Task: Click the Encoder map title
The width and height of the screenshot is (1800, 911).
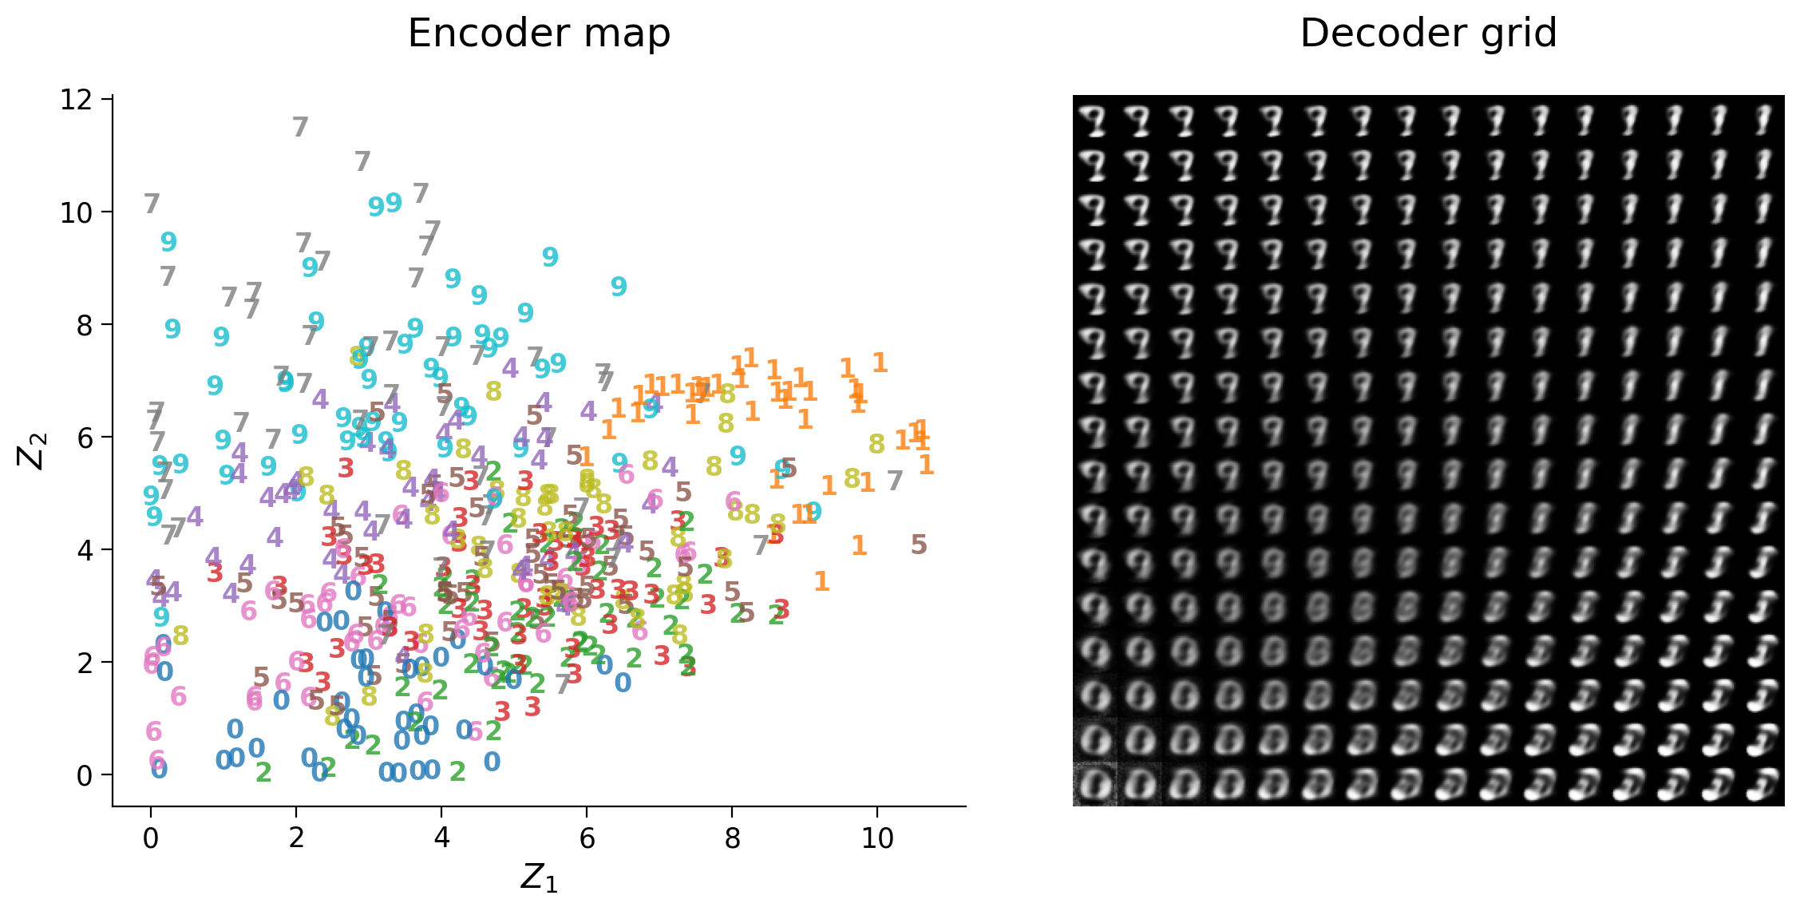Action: [539, 34]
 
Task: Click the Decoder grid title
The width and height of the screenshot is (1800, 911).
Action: [1428, 34]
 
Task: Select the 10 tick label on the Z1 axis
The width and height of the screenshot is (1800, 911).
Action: [877, 838]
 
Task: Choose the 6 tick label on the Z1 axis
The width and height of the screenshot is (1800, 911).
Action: [587, 838]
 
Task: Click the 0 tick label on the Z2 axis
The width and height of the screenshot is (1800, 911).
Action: [84, 775]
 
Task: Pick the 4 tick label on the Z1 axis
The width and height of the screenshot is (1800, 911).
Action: [441, 838]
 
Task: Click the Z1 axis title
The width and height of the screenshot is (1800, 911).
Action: [539, 877]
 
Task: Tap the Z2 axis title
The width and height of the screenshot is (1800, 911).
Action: [33, 451]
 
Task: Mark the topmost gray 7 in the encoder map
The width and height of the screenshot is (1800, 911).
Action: [300, 127]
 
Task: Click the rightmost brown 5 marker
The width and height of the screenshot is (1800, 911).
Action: [919, 545]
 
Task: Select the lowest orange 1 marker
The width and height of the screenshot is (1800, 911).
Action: [821, 581]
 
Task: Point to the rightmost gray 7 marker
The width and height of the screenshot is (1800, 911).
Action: [895, 481]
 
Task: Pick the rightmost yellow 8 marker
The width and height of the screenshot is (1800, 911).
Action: [876, 444]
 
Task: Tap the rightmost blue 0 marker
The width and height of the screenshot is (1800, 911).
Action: [623, 683]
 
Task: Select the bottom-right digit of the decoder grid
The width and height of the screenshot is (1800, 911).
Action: [1762, 784]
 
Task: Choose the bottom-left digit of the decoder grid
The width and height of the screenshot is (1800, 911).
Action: [1095, 784]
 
